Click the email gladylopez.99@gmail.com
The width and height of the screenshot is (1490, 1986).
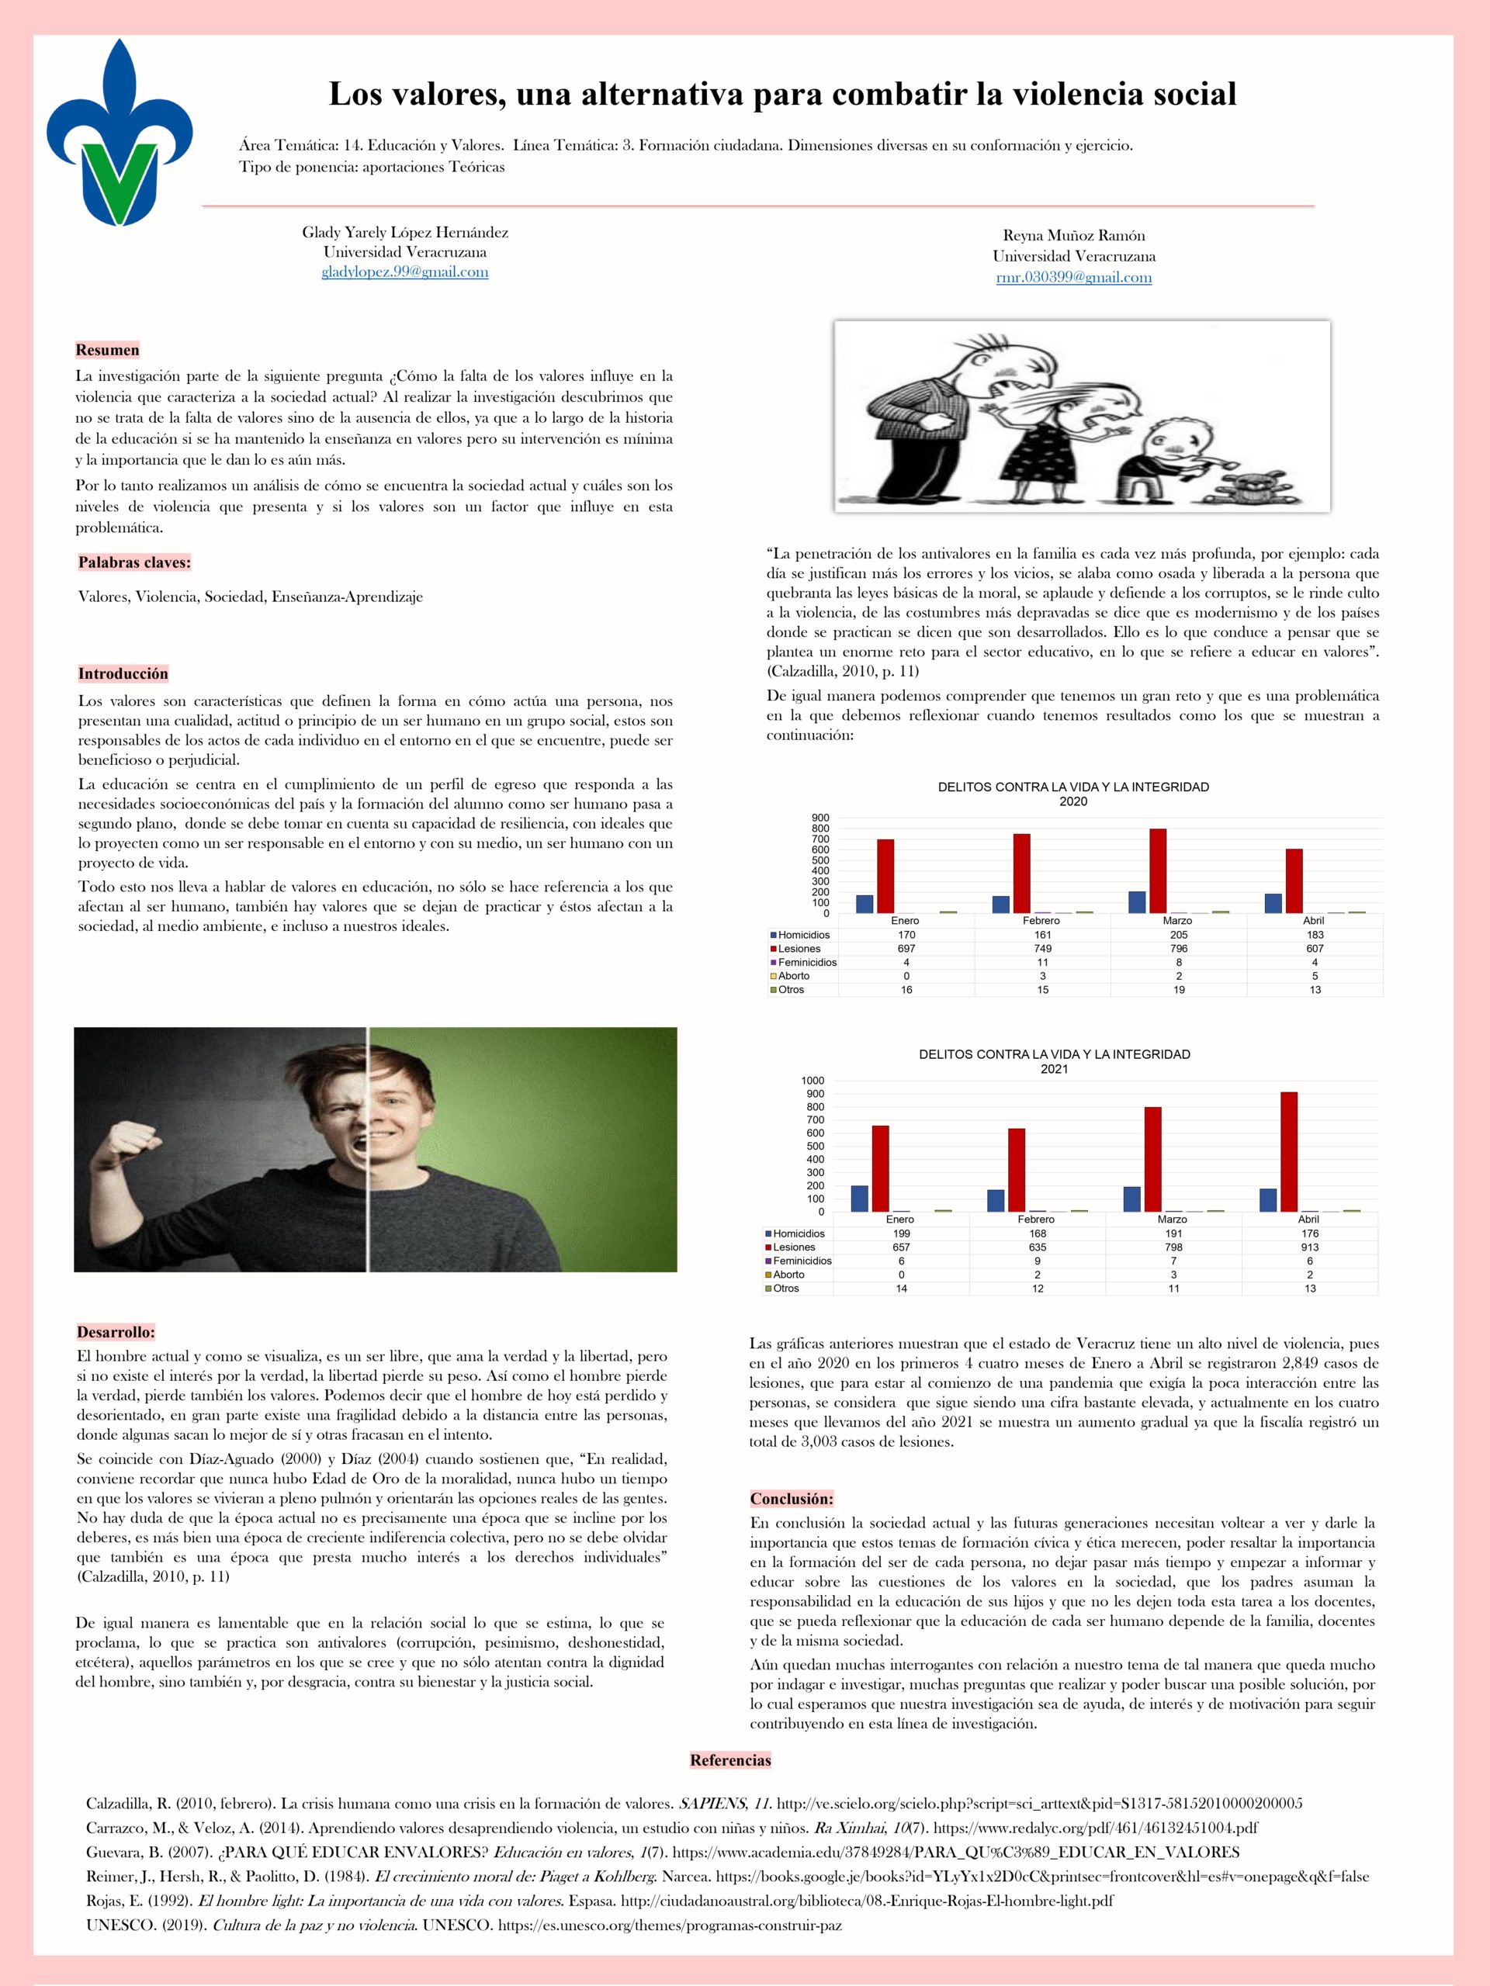(405, 272)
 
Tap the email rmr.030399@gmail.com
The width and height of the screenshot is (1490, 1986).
(1073, 278)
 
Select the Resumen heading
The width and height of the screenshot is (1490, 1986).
(107, 350)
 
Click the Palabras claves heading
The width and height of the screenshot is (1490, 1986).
(135, 563)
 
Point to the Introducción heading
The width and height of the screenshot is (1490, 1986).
(123, 673)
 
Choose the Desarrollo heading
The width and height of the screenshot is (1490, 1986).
(116, 1332)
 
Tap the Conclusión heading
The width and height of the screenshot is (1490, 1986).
(792, 1499)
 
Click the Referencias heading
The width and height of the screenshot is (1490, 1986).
(730, 1759)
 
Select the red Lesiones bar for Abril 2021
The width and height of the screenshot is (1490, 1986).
(1289, 1151)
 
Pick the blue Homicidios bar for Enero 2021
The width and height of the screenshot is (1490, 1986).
(860, 1198)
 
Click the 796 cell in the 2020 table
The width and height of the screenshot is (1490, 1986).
(1178, 948)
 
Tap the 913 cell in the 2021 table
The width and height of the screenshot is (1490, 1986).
(1309, 1247)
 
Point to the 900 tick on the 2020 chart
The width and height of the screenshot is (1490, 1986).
(822, 817)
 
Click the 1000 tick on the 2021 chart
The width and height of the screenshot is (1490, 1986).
(813, 1080)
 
